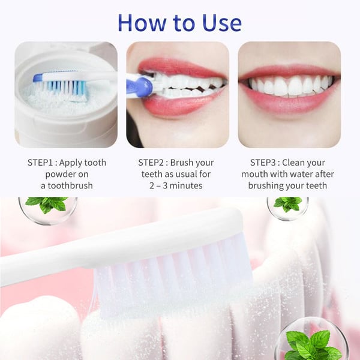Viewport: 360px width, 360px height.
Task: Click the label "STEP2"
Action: pyautogui.click(x=154, y=163)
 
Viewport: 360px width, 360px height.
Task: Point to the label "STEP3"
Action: pyautogui.click(x=266, y=163)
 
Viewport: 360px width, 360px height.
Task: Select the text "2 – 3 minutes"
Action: pyautogui.click(x=176, y=185)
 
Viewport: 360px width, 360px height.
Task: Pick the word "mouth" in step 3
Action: pyautogui.click(x=260, y=174)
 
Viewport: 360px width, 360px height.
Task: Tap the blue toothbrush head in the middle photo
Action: pyautogui.click(x=141, y=86)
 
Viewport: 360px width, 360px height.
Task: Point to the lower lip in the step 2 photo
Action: pyautogui.click(x=180, y=108)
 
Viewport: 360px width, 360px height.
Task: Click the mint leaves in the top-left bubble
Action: pyautogui.click(x=47, y=204)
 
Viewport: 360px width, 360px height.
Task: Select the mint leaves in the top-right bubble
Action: pyautogui.click(x=287, y=203)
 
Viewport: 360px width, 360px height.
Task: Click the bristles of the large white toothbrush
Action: pyautogui.click(x=174, y=270)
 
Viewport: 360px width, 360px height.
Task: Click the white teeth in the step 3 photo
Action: pyautogui.click(x=288, y=87)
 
